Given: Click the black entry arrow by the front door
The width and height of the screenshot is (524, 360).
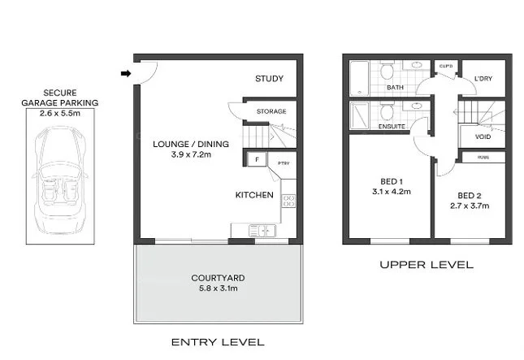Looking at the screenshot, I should (x=125, y=74).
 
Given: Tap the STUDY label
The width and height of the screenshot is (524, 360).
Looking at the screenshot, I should (x=269, y=79).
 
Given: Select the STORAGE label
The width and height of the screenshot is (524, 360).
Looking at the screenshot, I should (x=270, y=111).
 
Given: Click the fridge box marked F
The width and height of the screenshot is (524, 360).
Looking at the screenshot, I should (x=256, y=160).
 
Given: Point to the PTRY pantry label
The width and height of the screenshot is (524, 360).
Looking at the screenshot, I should (x=284, y=163).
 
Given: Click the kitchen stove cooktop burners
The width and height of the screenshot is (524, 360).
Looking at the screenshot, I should (x=288, y=200).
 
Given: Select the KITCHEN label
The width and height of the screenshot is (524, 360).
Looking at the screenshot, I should (x=254, y=195).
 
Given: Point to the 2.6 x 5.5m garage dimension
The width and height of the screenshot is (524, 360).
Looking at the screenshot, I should (x=62, y=114).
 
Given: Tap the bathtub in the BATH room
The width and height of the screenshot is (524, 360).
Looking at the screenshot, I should (x=357, y=79).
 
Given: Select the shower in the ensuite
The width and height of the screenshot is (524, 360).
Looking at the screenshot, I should (x=359, y=116).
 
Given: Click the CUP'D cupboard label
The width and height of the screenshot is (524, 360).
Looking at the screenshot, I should (x=445, y=66).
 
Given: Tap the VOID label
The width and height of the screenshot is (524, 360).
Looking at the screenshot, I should (x=483, y=137).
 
